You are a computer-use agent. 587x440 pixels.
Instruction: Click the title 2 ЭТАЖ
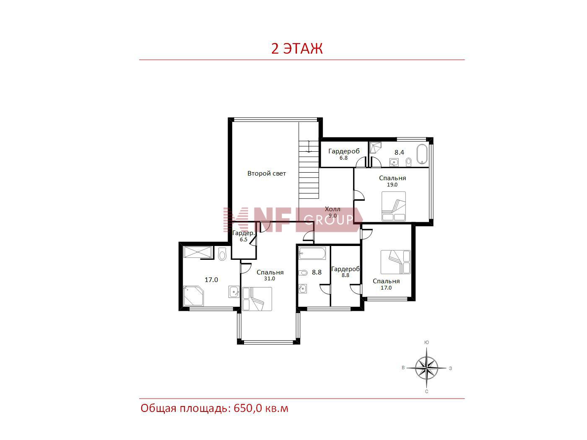pos(297,49)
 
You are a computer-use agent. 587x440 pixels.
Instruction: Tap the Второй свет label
pos(266,173)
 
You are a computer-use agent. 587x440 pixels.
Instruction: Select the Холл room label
pos(332,209)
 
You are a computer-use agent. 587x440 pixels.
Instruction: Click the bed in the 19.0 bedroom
pos(394,206)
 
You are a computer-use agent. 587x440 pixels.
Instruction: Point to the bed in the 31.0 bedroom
pos(257,299)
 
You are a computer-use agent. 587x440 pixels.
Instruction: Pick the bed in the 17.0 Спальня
pos(395,262)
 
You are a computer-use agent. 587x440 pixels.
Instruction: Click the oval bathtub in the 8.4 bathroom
pos(422,154)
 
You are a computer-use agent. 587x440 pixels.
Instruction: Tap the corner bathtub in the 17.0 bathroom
pos(193,295)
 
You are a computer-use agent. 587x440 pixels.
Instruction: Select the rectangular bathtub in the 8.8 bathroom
pos(312,253)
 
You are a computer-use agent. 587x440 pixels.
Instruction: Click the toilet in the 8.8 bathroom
pos(303,273)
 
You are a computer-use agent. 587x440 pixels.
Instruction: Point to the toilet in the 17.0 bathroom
pos(222,254)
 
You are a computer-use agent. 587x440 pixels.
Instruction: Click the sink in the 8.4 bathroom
pos(394,162)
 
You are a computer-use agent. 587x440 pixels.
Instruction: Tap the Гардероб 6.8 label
pos(344,154)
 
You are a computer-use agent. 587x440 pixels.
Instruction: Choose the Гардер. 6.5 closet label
pos(244,236)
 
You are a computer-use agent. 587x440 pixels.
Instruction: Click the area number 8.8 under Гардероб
pos(345,275)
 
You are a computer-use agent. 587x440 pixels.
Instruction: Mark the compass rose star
pos(426,368)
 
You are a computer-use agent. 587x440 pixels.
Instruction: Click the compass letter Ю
pos(427,342)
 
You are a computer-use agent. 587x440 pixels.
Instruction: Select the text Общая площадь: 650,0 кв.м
pos(215,409)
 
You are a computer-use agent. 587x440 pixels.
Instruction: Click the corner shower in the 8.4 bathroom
pos(375,148)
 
